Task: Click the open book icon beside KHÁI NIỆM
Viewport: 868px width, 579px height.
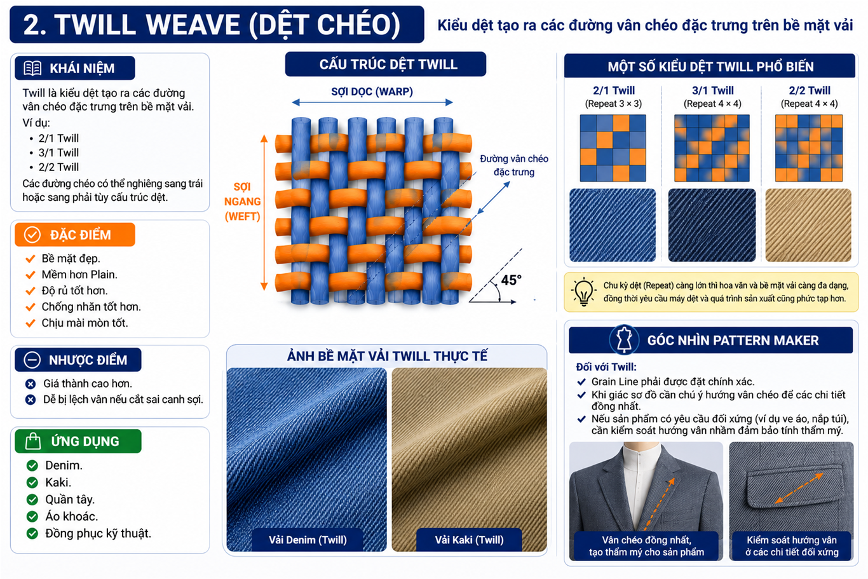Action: click(x=32, y=68)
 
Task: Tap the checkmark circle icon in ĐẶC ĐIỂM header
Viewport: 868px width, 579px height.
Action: click(x=32, y=235)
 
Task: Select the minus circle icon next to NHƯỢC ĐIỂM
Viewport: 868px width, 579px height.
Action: click(x=32, y=360)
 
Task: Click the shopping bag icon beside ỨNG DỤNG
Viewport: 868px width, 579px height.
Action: click(x=33, y=441)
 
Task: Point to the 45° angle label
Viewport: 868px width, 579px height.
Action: click(x=511, y=280)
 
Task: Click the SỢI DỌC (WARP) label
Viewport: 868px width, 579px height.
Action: click(x=372, y=92)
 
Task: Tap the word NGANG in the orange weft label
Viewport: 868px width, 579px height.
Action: click(x=243, y=201)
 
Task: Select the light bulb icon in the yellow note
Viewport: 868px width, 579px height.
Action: click(x=583, y=292)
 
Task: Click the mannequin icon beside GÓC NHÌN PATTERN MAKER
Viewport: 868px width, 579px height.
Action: click(x=624, y=340)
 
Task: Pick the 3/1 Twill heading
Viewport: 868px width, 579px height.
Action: click(x=712, y=90)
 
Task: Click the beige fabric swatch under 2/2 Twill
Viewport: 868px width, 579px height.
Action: click(x=808, y=225)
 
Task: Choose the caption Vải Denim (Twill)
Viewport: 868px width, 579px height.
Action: click(x=308, y=540)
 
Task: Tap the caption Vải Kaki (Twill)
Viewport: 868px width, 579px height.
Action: click(x=469, y=540)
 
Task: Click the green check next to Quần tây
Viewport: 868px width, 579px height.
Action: click(x=32, y=500)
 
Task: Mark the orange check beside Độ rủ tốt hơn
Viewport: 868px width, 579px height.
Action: click(x=31, y=290)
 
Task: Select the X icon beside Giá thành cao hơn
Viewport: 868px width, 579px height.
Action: click(x=31, y=384)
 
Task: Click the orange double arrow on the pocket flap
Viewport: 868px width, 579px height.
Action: click(x=799, y=489)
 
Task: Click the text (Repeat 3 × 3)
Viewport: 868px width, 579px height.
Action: click(x=613, y=104)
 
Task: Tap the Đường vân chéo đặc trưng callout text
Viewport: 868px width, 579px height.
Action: click(x=514, y=165)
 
